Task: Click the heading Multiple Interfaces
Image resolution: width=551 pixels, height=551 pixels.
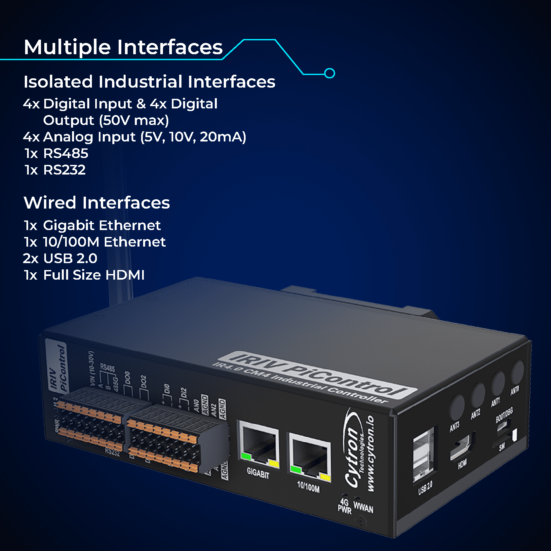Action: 123,47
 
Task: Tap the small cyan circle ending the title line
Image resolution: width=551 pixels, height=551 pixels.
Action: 330,73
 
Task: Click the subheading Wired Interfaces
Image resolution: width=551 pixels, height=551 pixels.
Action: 97,203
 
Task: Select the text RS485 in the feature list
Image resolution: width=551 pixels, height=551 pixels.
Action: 65,153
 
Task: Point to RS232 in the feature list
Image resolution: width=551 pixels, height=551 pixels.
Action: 64,170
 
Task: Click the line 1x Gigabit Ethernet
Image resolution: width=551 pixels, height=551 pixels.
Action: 92,225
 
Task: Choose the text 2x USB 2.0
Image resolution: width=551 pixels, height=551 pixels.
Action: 60,258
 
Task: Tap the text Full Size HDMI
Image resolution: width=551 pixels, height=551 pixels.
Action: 94,275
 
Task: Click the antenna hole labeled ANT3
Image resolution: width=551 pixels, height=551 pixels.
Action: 457,406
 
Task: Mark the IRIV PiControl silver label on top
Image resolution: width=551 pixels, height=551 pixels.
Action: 317,375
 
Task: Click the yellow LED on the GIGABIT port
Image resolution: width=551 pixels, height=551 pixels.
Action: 274,463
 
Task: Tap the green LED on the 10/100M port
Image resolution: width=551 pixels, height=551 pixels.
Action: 295,469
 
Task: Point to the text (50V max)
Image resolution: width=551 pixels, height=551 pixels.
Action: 134,120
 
